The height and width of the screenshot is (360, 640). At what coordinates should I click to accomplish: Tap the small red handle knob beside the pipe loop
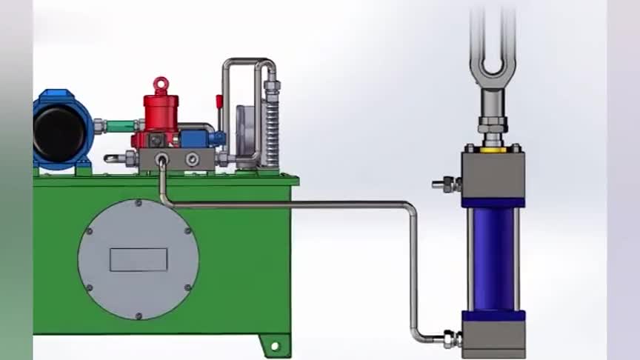pos(219,101)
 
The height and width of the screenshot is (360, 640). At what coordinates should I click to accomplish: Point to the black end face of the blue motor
pos(59,130)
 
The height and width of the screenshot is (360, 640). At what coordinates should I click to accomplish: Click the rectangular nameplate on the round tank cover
pos(139,259)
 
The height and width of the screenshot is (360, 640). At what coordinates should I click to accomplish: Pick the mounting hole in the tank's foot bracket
pos(275,345)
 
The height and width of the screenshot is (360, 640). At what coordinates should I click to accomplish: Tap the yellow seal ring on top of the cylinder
pos(493,150)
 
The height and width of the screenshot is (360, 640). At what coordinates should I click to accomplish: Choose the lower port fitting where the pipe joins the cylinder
pos(450,339)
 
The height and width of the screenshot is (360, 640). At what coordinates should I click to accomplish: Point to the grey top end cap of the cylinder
pos(493,175)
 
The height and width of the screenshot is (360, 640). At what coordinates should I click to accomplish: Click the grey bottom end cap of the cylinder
pos(493,338)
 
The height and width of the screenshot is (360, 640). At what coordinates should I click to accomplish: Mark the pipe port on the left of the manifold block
pos(161,158)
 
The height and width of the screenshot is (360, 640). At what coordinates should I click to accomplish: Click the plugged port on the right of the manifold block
pos(192,158)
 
